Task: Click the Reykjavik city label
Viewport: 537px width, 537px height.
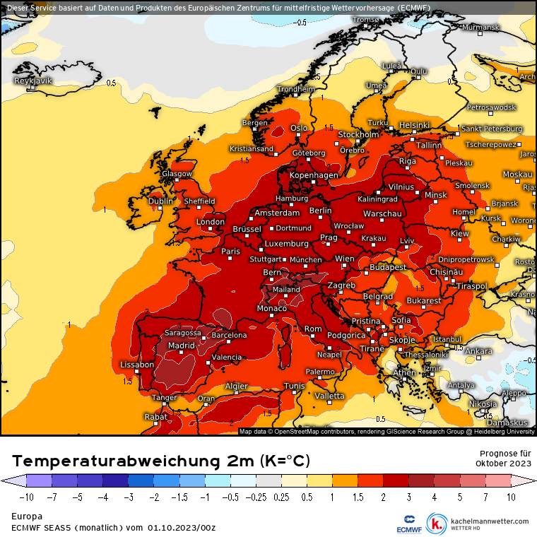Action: coord(34,81)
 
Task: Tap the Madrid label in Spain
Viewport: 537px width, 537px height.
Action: coord(181,346)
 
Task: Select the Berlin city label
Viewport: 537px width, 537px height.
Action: coord(320,211)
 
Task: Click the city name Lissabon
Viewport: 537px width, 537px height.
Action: coord(138,365)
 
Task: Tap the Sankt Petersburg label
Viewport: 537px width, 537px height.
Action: coord(492,129)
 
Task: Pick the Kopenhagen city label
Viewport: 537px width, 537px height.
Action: coord(314,175)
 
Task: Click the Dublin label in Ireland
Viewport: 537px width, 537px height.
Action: coord(160,201)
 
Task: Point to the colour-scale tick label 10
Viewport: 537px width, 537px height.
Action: coord(511,497)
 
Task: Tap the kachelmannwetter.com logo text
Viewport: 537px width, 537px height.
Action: coord(489,521)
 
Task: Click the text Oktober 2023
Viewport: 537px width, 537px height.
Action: coord(504,464)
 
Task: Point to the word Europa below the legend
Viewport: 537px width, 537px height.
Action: coord(26,517)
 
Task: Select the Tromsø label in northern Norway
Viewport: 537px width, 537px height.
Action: coord(366,20)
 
